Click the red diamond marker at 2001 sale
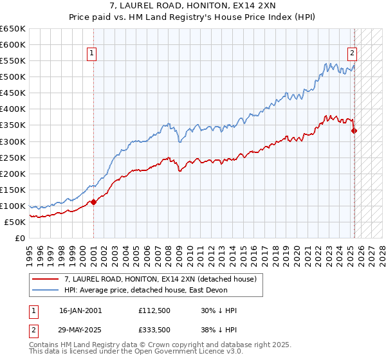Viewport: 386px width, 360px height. pyautogui.click(x=93, y=202)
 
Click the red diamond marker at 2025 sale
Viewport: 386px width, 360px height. pyautogui.click(x=354, y=130)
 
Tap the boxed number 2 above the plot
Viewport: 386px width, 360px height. pyautogui.click(x=353, y=54)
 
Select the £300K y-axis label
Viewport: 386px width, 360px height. pyautogui.click(x=13, y=141)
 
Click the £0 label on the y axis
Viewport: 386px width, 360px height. pyautogui.click(x=21, y=238)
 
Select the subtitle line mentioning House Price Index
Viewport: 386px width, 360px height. pyautogui.click(x=193, y=18)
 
